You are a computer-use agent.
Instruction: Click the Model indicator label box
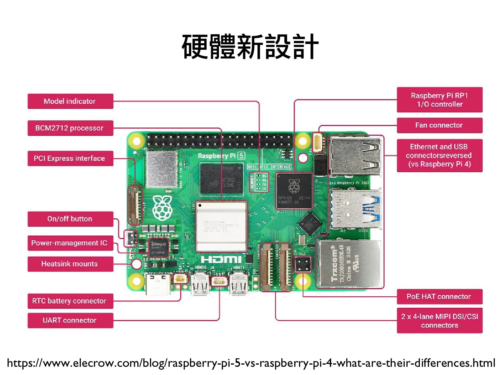70,101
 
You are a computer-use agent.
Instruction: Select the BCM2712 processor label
70,128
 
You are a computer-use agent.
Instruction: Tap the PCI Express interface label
70,158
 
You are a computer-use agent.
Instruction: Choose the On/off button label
70,219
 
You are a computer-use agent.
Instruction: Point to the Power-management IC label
70,243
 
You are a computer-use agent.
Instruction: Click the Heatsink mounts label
70,264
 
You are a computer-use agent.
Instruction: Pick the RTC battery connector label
70,301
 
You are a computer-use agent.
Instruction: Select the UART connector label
70,321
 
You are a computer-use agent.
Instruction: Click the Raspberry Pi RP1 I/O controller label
440,100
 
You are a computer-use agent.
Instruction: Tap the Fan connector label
440,125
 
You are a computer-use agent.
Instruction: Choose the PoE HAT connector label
440,297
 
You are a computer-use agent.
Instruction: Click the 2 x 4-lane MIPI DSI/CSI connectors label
440,321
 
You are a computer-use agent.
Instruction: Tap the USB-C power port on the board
158,284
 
